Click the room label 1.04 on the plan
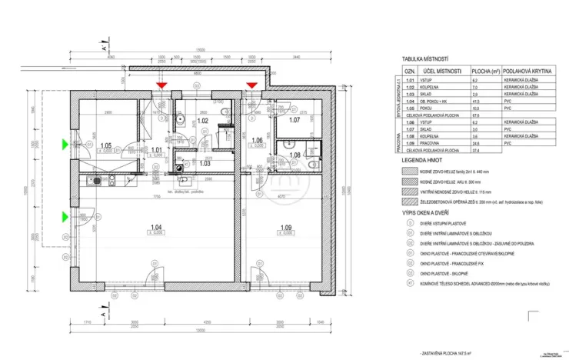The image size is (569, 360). [156, 227]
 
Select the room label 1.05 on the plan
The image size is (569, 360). [107, 145]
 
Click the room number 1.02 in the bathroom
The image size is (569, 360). [203, 121]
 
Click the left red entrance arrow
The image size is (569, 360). [161, 84]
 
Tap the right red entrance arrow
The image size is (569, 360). [250, 84]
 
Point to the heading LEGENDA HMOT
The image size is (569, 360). [423, 160]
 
